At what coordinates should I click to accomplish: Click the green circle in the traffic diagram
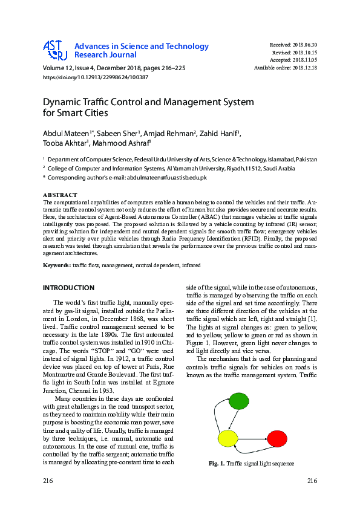[x=239, y=401]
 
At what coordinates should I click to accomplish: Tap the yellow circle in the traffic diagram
[x=228, y=438]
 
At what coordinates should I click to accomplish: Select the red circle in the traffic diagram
[x=277, y=438]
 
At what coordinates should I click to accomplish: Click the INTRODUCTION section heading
[x=68, y=288]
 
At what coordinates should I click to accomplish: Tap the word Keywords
[x=56, y=265]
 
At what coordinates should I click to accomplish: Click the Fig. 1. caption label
[x=215, y=464]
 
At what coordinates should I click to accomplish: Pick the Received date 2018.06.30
[x=304, y=45]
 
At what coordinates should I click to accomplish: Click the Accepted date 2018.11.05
[x=304, y=60]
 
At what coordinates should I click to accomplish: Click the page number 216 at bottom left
[x=48, y=481]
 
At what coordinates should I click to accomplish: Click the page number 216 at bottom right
[x=312, y=481]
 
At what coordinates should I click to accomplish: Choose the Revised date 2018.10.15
[x=304, y=53]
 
